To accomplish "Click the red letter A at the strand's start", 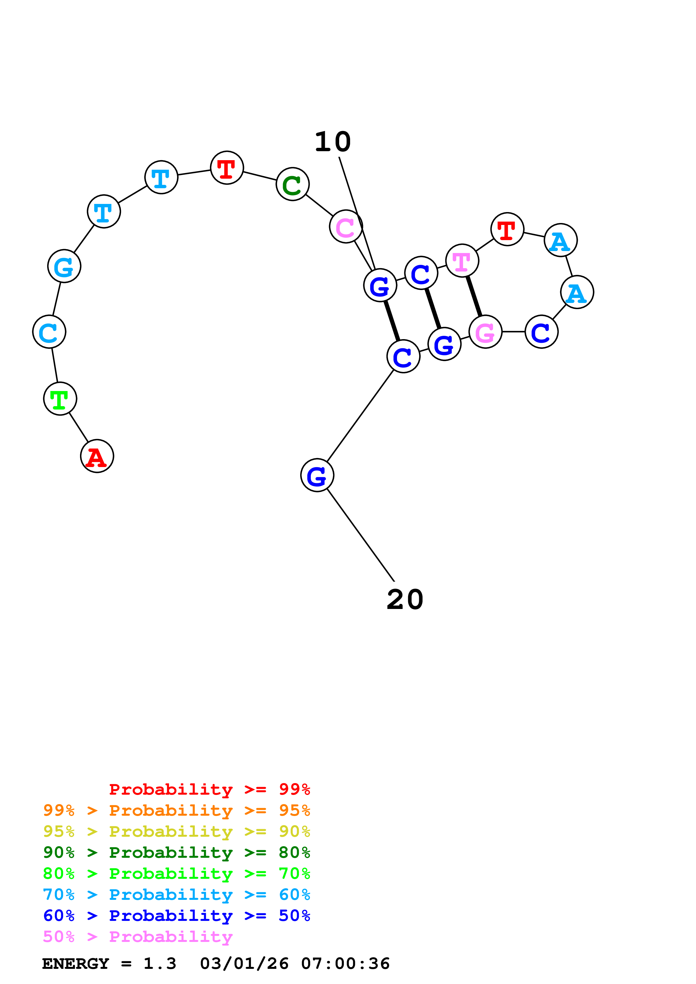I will click(x=97, y=456).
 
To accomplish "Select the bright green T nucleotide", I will click(x=60, y=399).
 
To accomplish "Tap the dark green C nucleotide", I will click(x=293, y=184).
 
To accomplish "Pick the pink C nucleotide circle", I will click(x=346, y=226).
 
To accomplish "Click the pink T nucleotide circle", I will click(x=462, y=261).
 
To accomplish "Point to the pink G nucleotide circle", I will click(x=485, y=332).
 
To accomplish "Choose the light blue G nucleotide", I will click(x=64, y=266).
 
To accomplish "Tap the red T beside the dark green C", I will click(x=227, y=167).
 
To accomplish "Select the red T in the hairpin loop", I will click(x=507, y=229).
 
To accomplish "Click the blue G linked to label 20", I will click(x=317, y=475).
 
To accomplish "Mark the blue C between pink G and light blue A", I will click(x=542, y=332).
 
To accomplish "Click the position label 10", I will click(x=333, y=142).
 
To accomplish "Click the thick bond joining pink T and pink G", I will click(x=474, y=296).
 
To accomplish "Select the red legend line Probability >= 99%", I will click(x=209, y=789).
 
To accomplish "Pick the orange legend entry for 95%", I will click(x=177, y=810).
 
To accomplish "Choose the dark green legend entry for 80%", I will click(x=177, y=852).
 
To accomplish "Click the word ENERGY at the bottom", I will click(x=76, y=964).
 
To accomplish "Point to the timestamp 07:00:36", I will click(x=345, y=964).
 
